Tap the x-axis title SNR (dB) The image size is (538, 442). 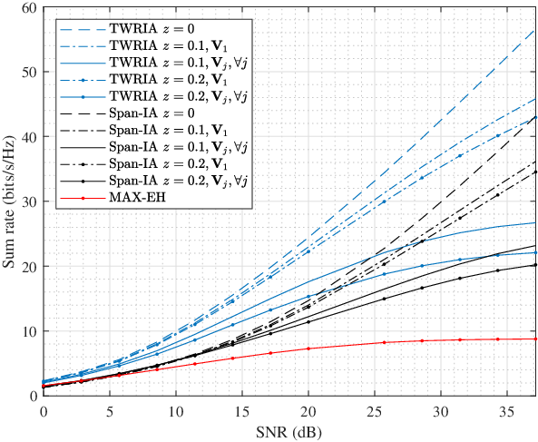tap(289, 433)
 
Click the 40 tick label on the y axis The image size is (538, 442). tap(30, 136)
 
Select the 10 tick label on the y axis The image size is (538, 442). tap(30, 330)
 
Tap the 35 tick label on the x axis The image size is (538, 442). tap(507, 411)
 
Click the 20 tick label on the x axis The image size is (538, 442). tap(308, 411)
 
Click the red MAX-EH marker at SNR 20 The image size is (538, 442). tap(308, 349)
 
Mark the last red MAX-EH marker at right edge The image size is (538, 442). tap(535, 339)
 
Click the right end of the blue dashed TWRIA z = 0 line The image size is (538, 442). tap(535, 30)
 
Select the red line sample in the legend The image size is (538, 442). tap(83, 198)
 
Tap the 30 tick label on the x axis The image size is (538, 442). tap(441, 411)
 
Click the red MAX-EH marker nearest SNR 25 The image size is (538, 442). tap(385, 342)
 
